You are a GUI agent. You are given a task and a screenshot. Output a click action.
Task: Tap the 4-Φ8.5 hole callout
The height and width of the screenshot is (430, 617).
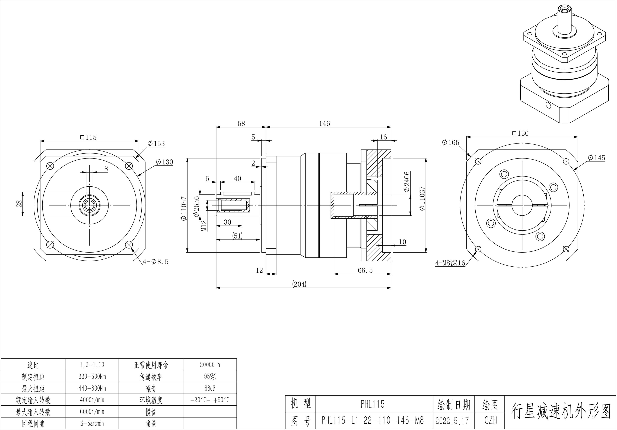pyautogui.click(x=156, y=262)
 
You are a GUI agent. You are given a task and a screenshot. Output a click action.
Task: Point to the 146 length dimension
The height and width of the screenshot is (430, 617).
pyautogui.click(x=324, y=123)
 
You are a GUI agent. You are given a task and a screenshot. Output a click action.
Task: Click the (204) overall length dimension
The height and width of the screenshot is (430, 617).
pyautogui.click(x=299, y=284)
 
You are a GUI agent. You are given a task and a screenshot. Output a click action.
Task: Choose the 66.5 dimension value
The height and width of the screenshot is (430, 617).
pyautogui.click(x=365, y=270)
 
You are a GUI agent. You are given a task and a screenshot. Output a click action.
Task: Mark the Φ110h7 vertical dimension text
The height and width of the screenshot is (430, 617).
pyautogui.click(x=184, y=209)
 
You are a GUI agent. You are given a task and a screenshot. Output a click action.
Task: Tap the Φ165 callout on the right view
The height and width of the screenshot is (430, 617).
pyautogui.click(x=450, y=142)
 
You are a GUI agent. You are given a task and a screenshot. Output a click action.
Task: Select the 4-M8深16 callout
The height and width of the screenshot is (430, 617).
pyautogui.click(x=450, y=263)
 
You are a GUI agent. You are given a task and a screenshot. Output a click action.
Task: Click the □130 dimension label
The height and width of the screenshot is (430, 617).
pyautogui.click(x=520, y=133)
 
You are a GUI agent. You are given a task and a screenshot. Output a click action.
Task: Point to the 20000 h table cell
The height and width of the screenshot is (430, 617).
pyautogui.click(x=210, y=365)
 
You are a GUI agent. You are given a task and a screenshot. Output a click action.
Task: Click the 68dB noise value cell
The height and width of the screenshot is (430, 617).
pyautogui.click(x=210, y=388)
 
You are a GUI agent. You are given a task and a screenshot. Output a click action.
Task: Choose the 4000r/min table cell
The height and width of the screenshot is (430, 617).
pyautogui.click(x=92, y=400)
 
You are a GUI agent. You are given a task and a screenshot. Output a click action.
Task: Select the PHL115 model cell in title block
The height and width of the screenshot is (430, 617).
pyautogui.click(x=373, y=404)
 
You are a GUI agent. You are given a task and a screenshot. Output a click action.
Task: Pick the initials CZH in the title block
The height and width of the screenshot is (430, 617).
pyautogui.click(x=491, y=420)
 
